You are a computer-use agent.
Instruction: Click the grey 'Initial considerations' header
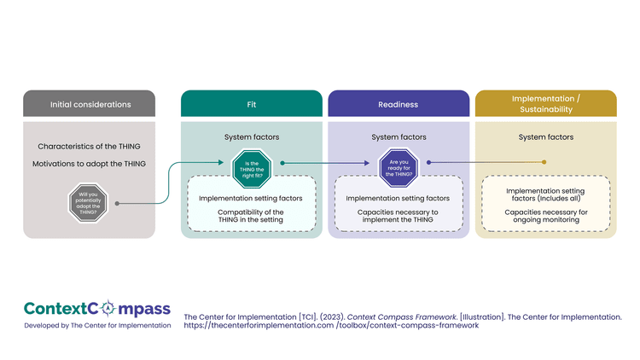click(x=90, y=104)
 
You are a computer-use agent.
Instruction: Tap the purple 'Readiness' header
click(x=398, y=104)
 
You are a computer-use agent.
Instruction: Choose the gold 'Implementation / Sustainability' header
click(x=545, y=103)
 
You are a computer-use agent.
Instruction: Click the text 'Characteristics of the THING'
click(x=90, y=147)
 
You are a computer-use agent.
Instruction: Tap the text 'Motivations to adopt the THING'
click(x=90, y=163)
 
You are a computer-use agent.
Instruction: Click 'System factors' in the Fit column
click(x=252, y=136)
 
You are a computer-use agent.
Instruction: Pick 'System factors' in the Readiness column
click(x=399, y=136)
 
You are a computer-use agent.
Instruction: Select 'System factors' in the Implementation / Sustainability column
click(x=545, y=136)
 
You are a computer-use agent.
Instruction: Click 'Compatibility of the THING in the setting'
click(x=252, y=215)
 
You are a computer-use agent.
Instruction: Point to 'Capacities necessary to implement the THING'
click(x=399, y=215)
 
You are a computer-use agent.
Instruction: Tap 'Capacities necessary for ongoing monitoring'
click(x=545, y=215)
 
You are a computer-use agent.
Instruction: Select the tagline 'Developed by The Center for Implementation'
click(x=97, y=325)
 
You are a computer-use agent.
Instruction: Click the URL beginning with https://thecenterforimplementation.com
click(x=331, y=325)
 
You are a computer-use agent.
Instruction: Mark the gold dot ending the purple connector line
click(x=544, y=162)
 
